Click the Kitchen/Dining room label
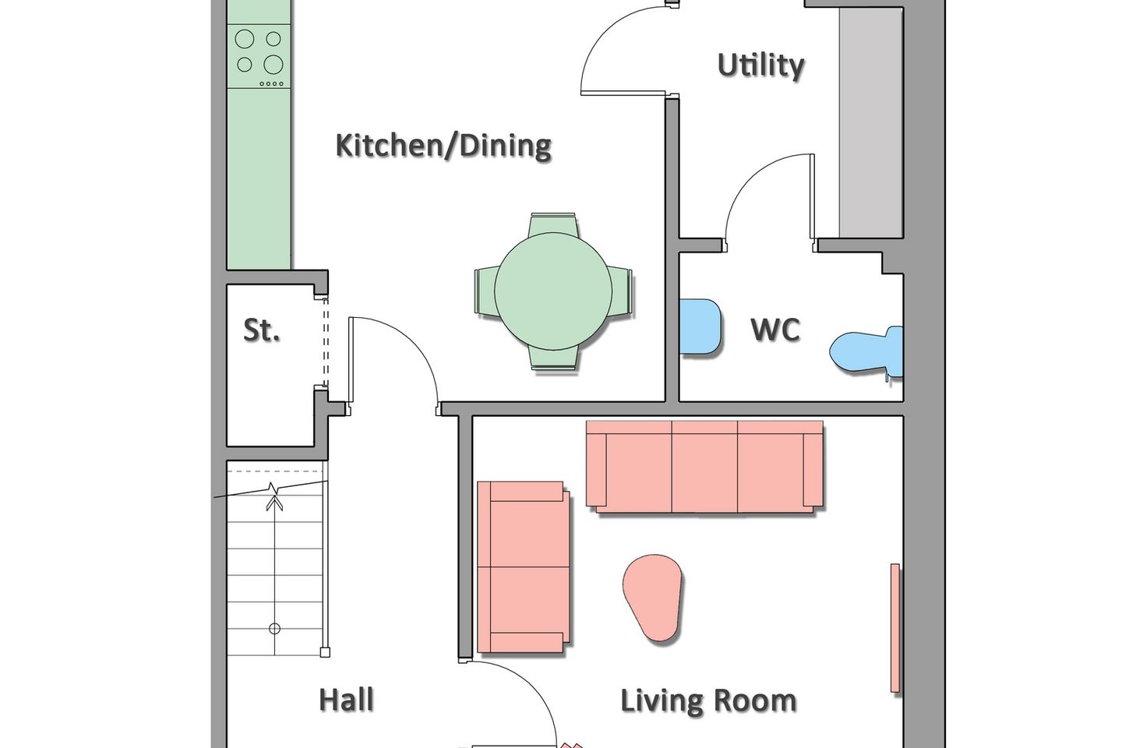(443, 146)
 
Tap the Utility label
(760, 65)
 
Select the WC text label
(775, 330)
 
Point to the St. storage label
(261, 330)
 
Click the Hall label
(347, 700)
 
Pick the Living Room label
(708, 700)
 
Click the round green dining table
(553, 291)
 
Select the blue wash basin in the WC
(700, 326)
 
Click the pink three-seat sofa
(704, 467)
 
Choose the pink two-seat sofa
(523, 566)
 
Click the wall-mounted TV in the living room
(894, 628)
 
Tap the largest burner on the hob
(273, 64)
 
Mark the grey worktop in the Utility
(871, 122)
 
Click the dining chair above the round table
(553, 224)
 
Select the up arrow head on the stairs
(274, 502)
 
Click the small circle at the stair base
(274, 628)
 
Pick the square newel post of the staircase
(325, 652)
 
